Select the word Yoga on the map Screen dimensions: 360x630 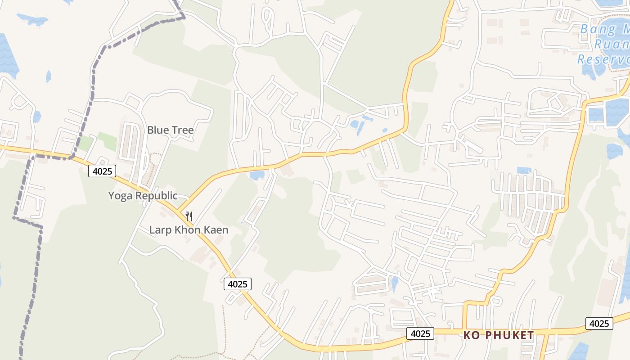point(120,196)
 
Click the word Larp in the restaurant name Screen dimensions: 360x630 point(160,230)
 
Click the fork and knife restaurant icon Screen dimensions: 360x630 point(189,216)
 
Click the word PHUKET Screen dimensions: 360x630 point(508,335)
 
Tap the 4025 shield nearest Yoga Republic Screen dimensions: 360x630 point(102,171)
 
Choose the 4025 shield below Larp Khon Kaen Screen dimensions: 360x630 point(237,284)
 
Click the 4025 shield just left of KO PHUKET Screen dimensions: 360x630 point(420,333)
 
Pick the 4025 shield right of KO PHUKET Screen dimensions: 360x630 point(599,324)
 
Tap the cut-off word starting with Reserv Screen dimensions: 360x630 point(603,59)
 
